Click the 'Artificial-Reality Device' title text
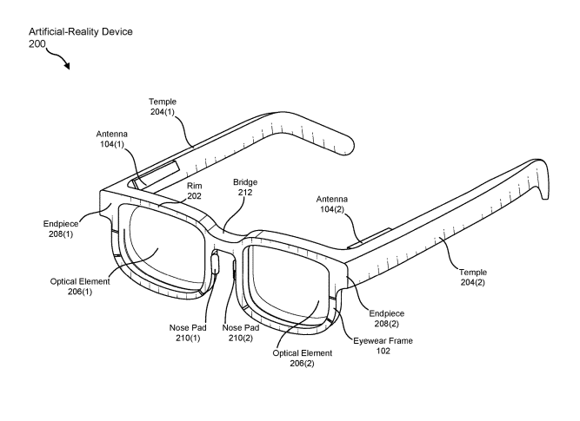[x=81, y=32]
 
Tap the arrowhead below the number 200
[x=67, y=65]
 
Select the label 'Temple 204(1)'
[x=163, y=107]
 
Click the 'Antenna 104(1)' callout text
[x=111, y=139]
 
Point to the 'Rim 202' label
[x=194, y=191]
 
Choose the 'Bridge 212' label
[x=245, y=187]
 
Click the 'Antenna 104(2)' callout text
[x=332, y=204]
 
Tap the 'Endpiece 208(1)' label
[x=61, y=228]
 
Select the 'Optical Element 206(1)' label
[x=80, y=286]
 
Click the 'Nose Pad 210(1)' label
[x=188, y=332]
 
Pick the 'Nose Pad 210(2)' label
[x=240, y=332]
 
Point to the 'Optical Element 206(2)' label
[x=303, y=358]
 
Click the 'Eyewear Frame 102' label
[x=383, y=345]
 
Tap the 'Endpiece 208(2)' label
[x=387, y=319]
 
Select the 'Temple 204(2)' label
[x=473, y=277]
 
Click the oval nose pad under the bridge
[x=214, y=262]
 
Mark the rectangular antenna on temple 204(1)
[x=156, y=173]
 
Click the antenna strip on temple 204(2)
[x=369, y=238]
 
